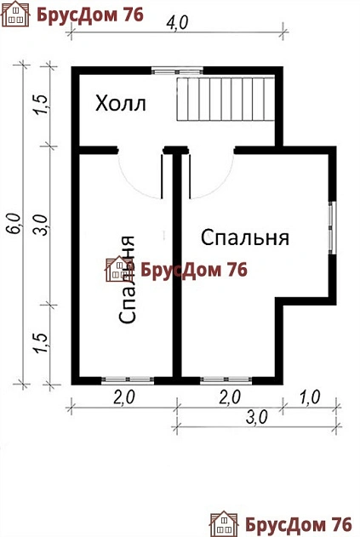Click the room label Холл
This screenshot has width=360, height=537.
point(121,105)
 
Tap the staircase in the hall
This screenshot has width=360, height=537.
point(226,100)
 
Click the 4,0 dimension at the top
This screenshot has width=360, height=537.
point(177,25)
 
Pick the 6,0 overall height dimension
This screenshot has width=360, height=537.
point(13,223)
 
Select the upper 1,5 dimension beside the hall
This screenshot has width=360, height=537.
point(39,109)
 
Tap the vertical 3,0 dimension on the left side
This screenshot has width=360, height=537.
point(39,226)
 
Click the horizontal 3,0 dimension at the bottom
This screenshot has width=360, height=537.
point(257,416)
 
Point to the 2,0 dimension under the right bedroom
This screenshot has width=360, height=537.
point(229,396)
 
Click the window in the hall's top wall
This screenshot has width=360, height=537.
point(177,71)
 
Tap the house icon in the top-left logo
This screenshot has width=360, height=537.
point(19,14)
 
